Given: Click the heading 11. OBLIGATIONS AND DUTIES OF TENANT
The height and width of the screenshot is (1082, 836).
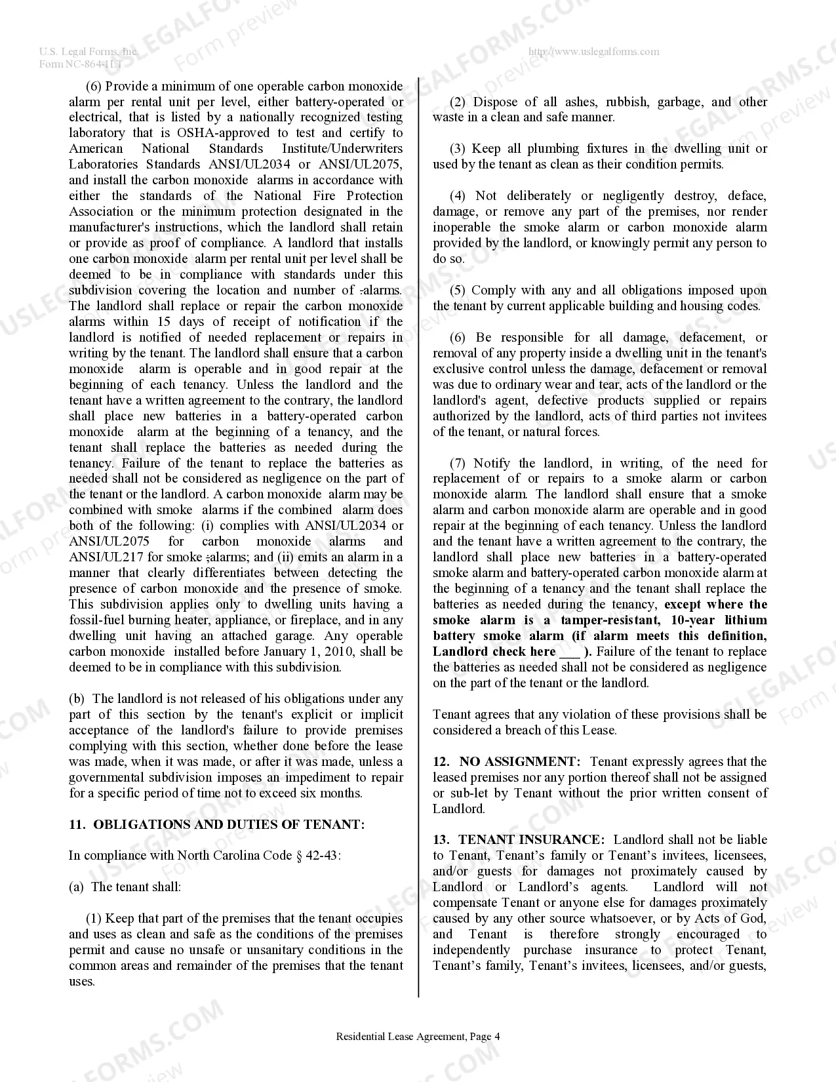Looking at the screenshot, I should [x=217, y=824].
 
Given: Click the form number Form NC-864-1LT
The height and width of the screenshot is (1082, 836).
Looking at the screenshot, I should [x=81, y=64].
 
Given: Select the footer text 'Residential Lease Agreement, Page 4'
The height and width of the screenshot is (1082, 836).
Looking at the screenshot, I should [x=418, y=1036].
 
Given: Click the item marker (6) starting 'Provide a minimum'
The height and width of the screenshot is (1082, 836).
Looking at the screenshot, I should [x=94, y=86].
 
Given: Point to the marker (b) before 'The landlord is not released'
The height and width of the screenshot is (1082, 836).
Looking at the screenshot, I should [x=77, y=698].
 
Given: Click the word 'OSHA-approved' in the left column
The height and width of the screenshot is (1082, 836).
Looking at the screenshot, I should [x=218, y=132].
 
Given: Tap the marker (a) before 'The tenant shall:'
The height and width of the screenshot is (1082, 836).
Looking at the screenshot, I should [x=77, y=887].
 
